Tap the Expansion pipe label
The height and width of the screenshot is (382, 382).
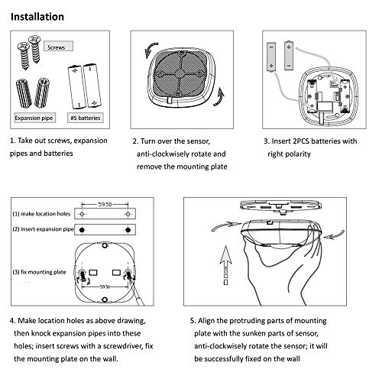pyautogui.click(x=34, y=118)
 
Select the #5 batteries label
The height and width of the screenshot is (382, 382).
pyautogui.click(x=86, y=118)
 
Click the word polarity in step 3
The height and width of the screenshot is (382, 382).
pyautogui.click(x=297, y=154)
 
